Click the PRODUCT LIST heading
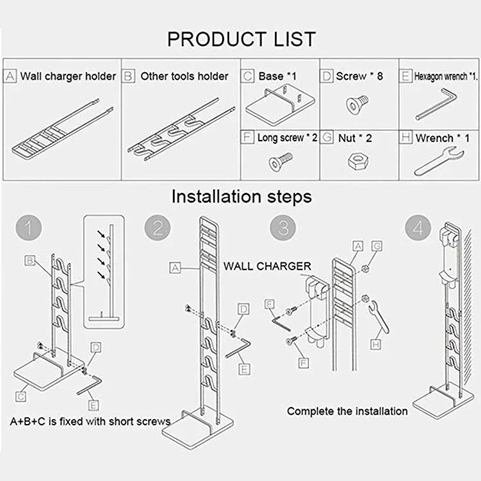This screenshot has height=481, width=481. tap(241, 39)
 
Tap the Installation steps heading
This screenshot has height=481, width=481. tap(241, 196)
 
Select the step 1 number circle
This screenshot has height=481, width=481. tap(28, 228)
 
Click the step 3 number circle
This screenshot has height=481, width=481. tap(283, 228)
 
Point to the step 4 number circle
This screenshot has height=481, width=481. tap(418, 228)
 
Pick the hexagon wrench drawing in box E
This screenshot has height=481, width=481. tap(435, 105)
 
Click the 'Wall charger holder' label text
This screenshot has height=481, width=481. tap(67, 76)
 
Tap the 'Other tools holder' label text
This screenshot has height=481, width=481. tap(184, 76)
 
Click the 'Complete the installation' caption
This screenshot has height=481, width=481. tap(347, 411)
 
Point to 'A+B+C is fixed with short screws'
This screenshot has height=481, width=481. tap(90, 421)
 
